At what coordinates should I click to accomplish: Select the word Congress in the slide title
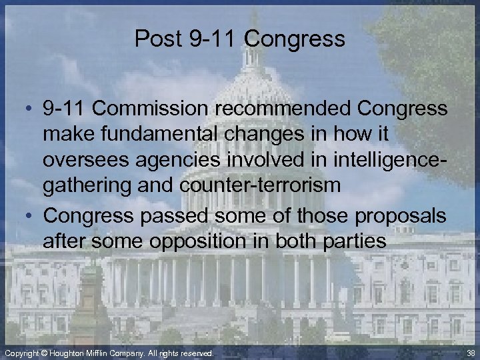click(x=295, y=39)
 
